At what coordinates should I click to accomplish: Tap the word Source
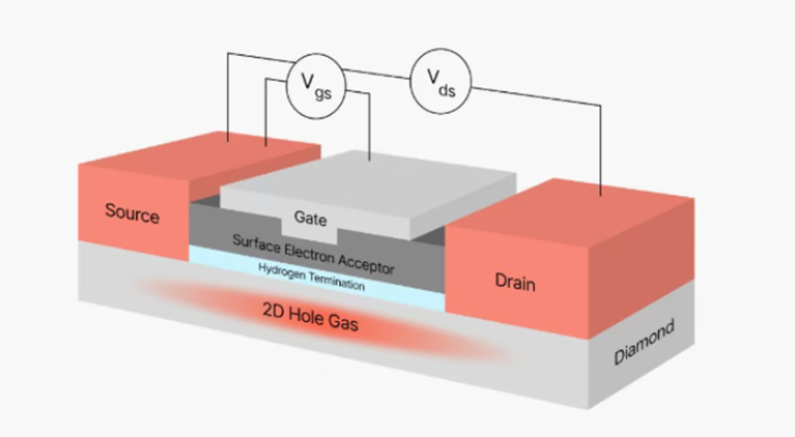click(132, 213)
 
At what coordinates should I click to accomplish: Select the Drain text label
click(515, 282)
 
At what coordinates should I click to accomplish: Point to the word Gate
click(311, 218)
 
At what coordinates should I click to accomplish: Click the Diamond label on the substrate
click(644, 342)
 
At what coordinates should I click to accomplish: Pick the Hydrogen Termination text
click(312, 277)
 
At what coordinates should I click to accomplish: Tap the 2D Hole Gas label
click(311, 316)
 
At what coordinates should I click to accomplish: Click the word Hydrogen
click(278, 271)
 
